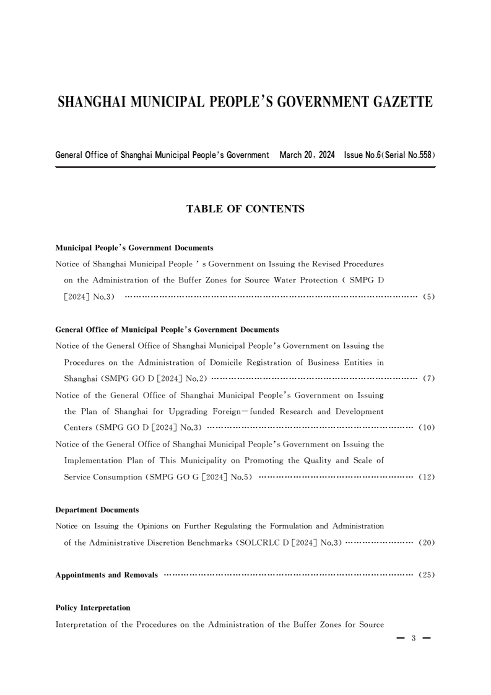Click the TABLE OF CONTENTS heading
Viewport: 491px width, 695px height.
point(245,209)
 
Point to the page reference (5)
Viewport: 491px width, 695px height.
point(428,297)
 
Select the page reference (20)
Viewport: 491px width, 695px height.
point(427,543)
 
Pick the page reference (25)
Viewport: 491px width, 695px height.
point(427,575)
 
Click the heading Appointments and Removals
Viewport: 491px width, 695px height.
point(106,575)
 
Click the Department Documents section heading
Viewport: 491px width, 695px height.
point(97,510)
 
